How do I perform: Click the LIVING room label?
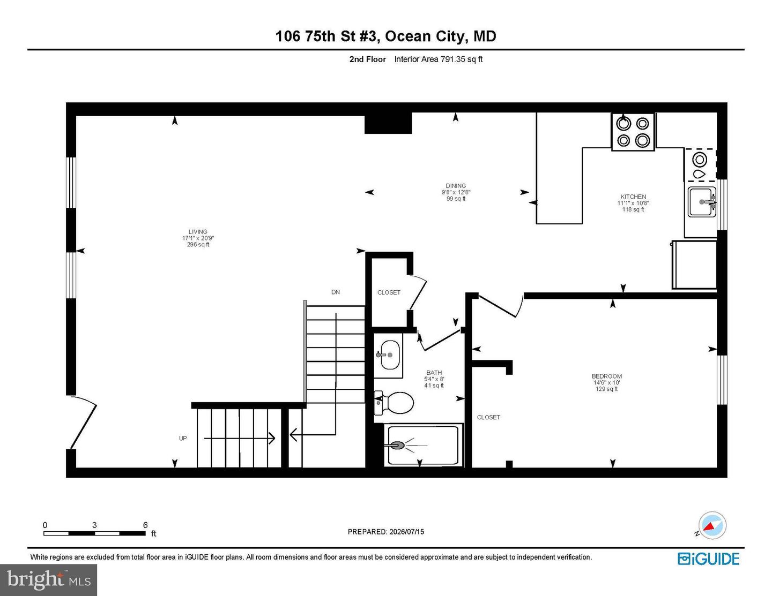point(198,232)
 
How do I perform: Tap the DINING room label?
point(456,186)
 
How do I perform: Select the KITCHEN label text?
point(633,197)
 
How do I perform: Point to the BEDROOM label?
point(606,376)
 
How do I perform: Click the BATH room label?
point(434,373)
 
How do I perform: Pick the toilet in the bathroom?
point(394,403)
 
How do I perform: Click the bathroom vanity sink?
point(390,354)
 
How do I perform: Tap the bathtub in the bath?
point(423,446)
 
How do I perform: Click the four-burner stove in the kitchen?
point(633,132)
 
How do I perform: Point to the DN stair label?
point(336,292)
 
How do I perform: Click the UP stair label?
point(183,439)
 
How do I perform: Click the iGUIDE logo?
point(708,559)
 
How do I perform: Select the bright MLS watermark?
point(49,580)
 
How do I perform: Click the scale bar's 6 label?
point(145,525)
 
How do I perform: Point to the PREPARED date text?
point(386,532)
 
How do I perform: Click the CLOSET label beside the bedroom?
point(488,418)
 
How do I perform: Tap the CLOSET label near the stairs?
point(389,292)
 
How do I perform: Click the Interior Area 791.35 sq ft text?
point(439,59)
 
